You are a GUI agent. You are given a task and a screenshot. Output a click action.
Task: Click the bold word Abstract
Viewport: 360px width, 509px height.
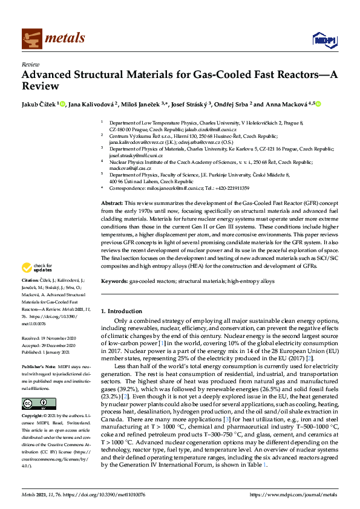(111, 204)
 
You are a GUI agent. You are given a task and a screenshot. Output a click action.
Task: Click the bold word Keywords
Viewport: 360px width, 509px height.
(114, 281)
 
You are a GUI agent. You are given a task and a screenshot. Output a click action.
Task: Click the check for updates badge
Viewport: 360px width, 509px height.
(37, 268)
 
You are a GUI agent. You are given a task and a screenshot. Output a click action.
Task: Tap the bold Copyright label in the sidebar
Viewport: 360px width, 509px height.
(33, 417)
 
